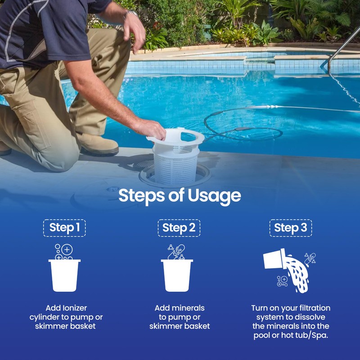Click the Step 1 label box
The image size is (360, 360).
64,228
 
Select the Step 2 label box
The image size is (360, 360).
179,228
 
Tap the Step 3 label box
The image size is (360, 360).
290,228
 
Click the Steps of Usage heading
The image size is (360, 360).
180,196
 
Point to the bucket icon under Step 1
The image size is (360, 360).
64,275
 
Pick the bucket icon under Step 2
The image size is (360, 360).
177,275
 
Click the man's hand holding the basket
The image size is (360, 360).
151,128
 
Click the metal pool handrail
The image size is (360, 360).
342,45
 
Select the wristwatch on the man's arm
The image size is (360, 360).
132,15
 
